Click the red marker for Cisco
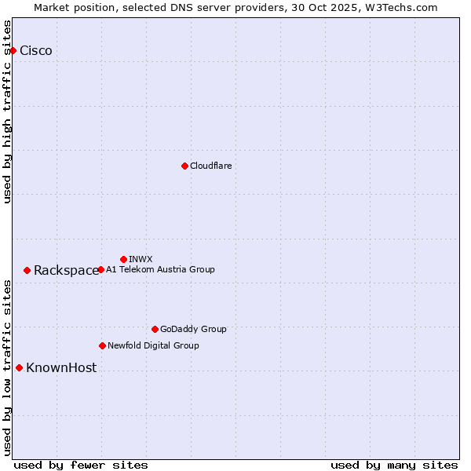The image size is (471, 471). tap(13, 51)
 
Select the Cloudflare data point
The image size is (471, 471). tap(184, 166)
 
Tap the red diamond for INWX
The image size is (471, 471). tap(123, 259)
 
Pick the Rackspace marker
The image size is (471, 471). tap(27, 270)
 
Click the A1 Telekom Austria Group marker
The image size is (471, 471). tap(100, 269)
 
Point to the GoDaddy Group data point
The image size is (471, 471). tap(155, 329)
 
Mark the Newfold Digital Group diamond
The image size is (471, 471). tap(102, 345)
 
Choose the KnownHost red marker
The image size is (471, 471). tap(19, 367)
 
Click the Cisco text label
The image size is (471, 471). tap(36, 51)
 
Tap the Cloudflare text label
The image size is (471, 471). tap(210, 166)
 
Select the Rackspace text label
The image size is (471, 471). tap(66, 271)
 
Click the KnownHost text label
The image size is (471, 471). tap(61, 368)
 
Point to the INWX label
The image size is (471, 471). tap(141, 259)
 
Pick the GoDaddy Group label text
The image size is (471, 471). tap(193, 329)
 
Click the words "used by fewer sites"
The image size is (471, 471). tap(81, 465)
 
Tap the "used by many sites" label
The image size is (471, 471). tap(394, 465)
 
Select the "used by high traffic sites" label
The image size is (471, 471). tap(8, 111)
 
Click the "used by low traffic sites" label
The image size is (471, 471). tap(8, 367)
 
